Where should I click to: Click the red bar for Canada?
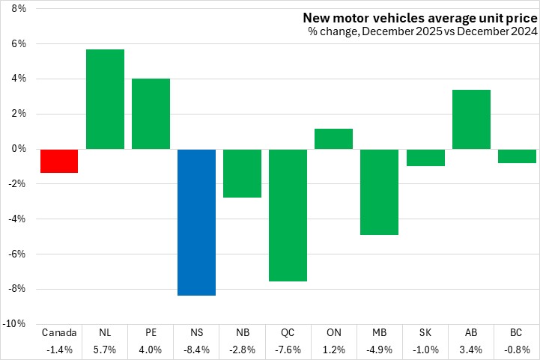point(59,161)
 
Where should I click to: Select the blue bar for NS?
point(196,222)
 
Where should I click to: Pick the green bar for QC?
point(288,216)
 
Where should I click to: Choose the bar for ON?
point(333,139)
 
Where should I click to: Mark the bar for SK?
point(425,158)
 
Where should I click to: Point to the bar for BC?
point(516,156)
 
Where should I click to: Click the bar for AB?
point(470,120)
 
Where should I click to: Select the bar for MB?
point(379,192)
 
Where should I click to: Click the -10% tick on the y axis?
point(15,325)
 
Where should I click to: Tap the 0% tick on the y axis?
point(19,150)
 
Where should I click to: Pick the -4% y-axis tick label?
point(17,219)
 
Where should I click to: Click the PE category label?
point(151,332)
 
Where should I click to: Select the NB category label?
point(242,332)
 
